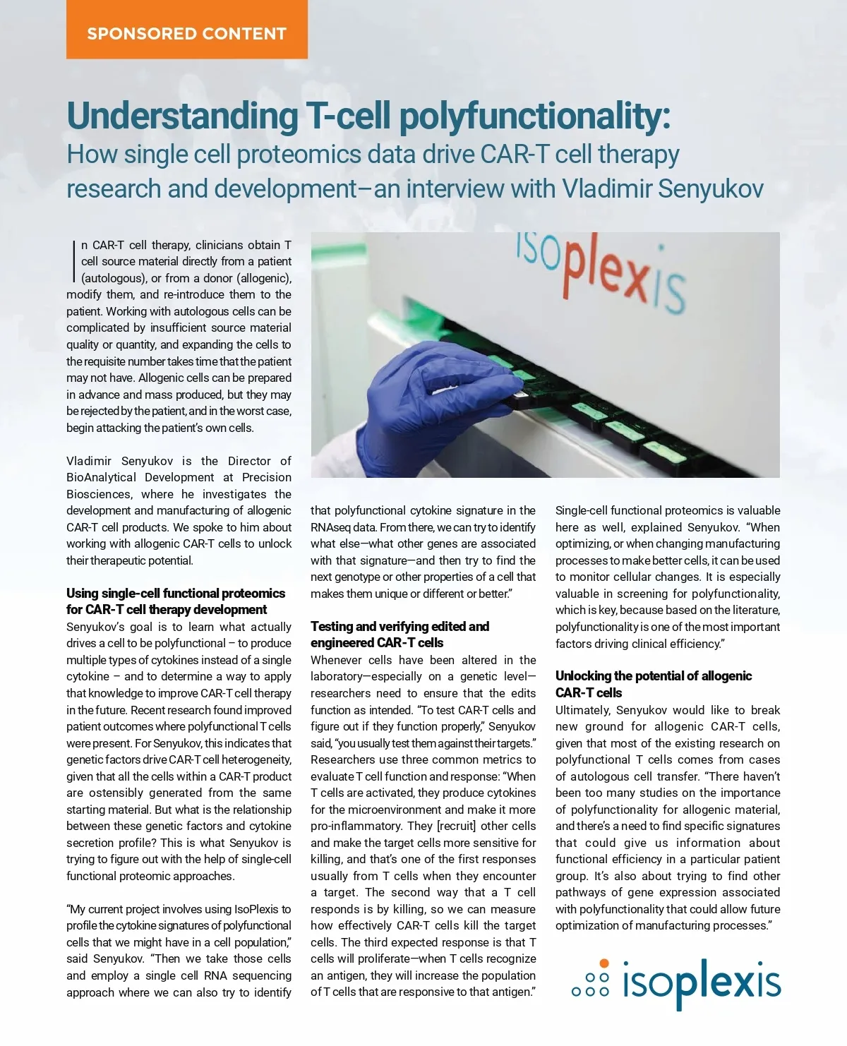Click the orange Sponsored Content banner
[x=186, y=32]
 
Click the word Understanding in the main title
[x=183, y=116]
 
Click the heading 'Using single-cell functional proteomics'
[x=176, y=593]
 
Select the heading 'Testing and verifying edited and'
[x=400, y=626]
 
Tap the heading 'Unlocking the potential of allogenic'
[x=653, y=675]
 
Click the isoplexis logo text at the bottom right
[x=702, y=983]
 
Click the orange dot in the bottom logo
[x=603, y=963]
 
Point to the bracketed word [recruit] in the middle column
[x=456, y=826]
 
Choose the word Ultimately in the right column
[x=582, y=710]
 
